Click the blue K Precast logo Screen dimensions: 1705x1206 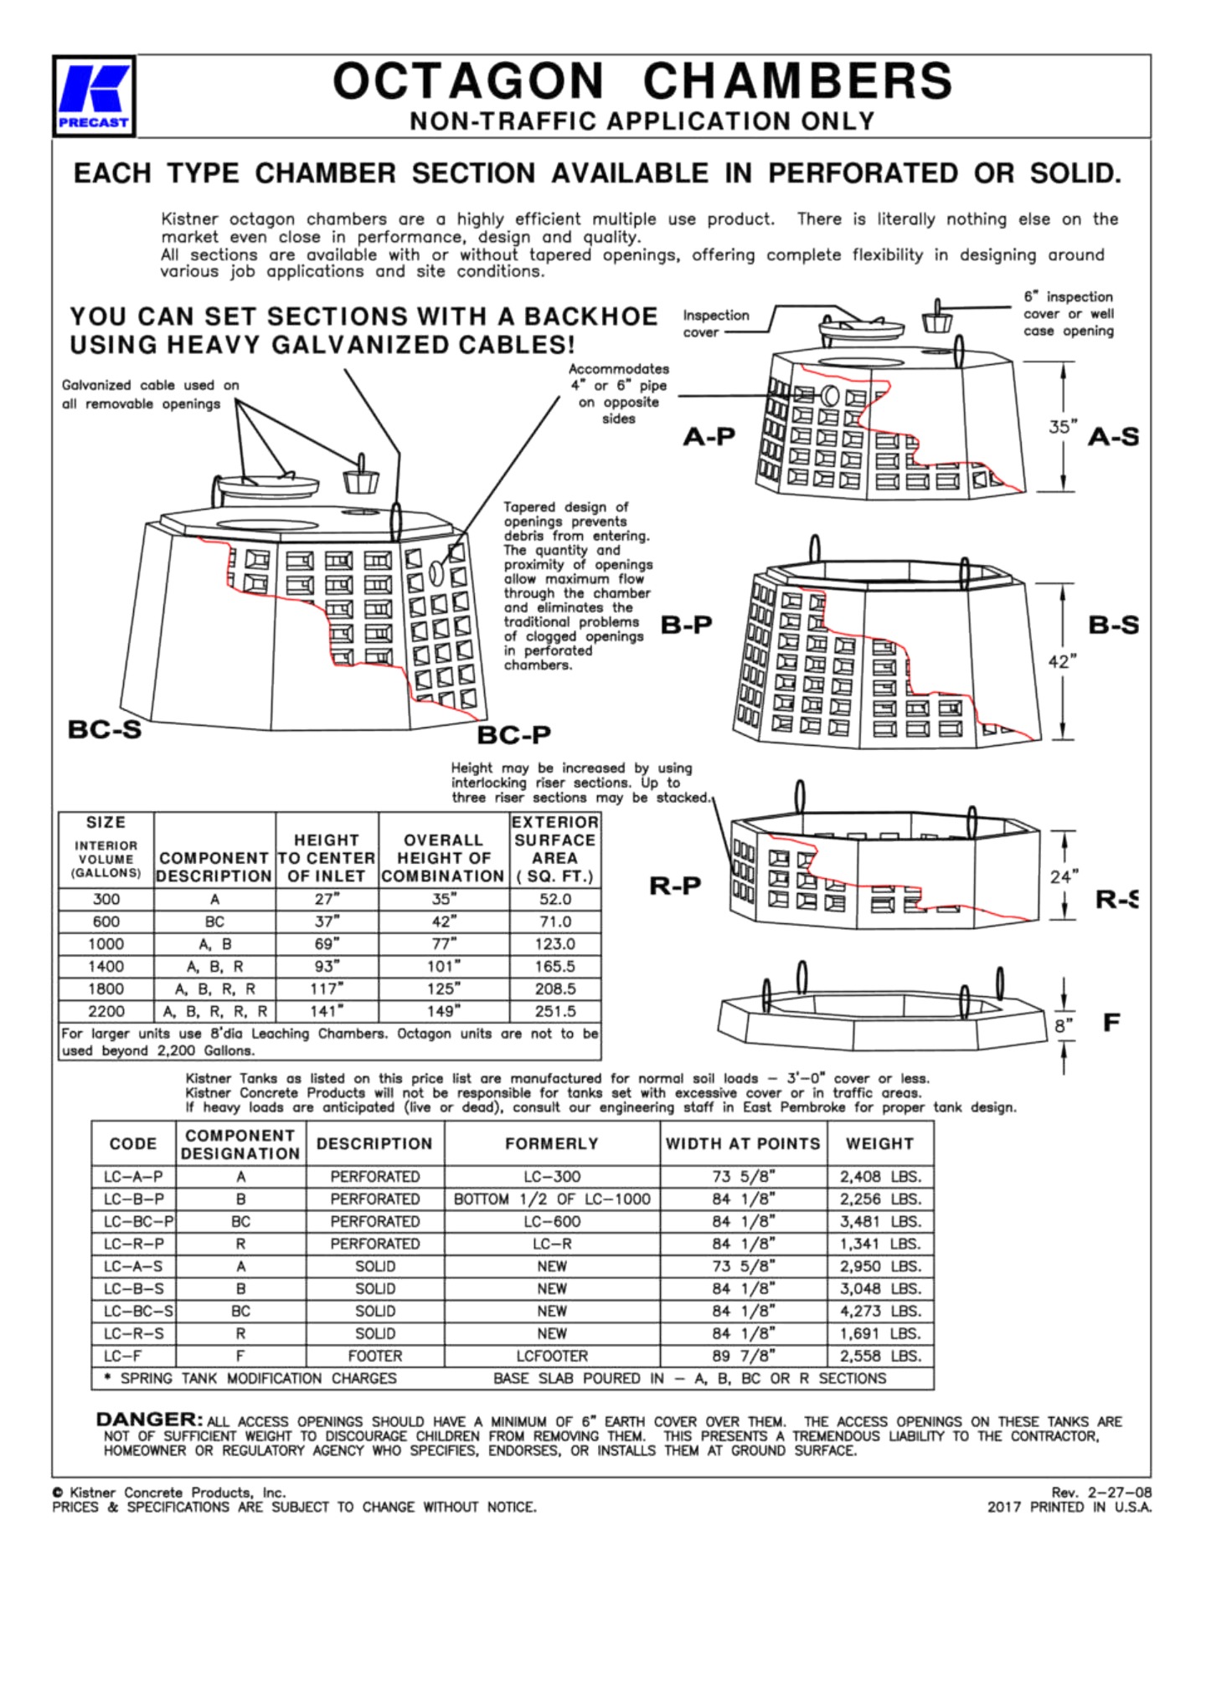[94, 95]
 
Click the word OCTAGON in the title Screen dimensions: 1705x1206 [468, 81]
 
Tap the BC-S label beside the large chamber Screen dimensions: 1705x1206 [104, 729]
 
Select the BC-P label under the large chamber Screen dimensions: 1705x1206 [513, 735]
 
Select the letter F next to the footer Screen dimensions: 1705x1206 [1111, 1022]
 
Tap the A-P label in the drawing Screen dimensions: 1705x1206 [709, 436]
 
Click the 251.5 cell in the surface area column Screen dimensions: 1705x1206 [554, 1011]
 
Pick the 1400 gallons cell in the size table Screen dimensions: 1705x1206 [106, 966]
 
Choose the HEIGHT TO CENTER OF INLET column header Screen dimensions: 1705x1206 [327, 858]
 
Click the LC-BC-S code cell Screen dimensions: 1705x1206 [134, 1311]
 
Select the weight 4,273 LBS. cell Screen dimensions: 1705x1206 [880, 1311]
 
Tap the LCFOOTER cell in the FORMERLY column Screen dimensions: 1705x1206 [552, 1356]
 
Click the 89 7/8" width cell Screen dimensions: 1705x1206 [743, 1356]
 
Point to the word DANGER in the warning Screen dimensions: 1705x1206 [149, 1420]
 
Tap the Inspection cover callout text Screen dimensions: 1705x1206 [715, 323]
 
